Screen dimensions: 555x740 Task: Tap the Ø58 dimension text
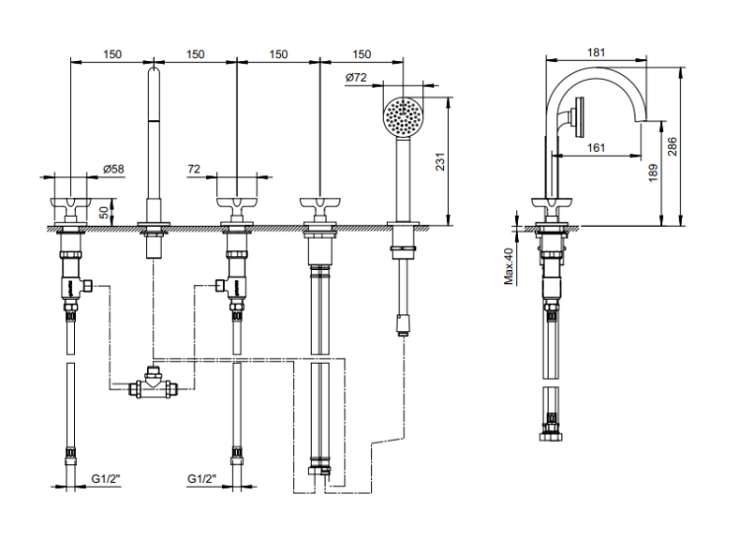[x=113, y=170]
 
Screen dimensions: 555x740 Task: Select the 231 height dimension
[x=441, y=162]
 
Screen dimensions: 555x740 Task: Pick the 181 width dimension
[x=596, y=54]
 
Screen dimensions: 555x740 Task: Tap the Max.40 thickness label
[x=509, y=265]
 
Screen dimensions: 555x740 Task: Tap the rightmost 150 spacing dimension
[x=362, y=54]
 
